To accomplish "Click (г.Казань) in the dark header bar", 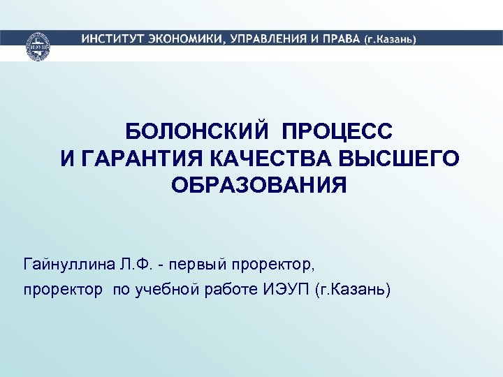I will (390, 40).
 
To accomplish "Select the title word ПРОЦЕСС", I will (337, 131).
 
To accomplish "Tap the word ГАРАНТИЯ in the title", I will (142, 158).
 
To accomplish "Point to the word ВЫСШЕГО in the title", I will (399, 158).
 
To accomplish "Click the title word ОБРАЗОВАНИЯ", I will (258, 186).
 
